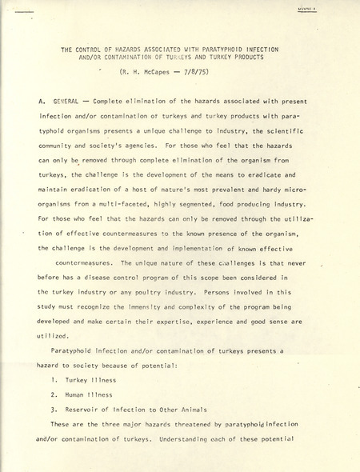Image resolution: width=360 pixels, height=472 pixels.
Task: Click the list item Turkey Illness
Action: tap(92, 379)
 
